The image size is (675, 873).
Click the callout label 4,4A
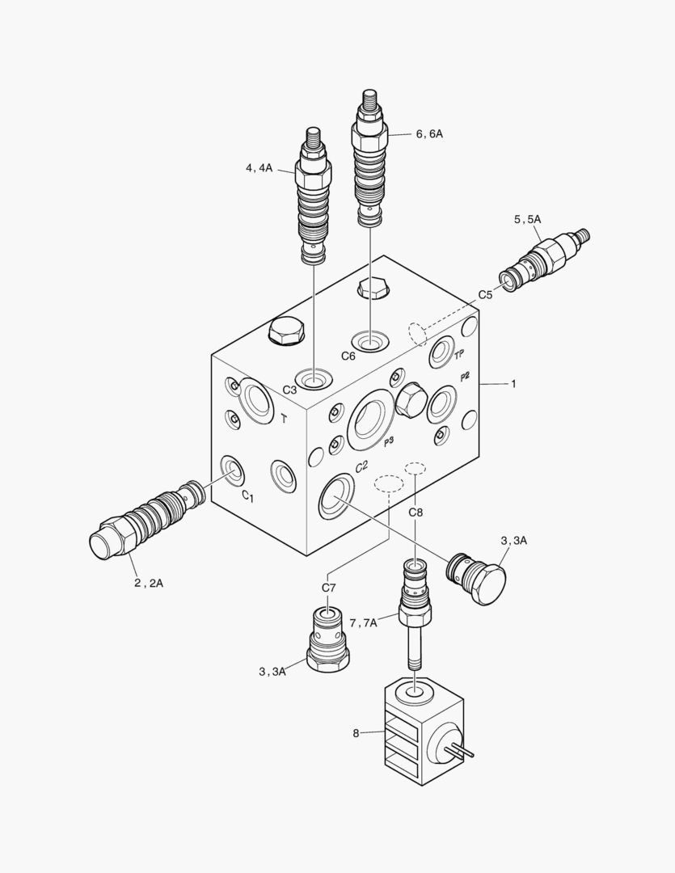coord(259,168)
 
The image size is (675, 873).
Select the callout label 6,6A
coord(429,134)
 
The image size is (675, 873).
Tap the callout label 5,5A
coord(527,219)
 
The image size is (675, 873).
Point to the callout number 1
coord(513,384)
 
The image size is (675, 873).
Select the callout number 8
coord(356,733)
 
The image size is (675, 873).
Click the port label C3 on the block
coord(289,390)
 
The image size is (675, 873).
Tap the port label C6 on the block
coord(348,356)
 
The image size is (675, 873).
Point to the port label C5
coord(485,295)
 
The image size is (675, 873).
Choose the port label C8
coord(416,512)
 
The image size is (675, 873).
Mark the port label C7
coord(328,588)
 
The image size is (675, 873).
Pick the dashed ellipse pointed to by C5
coord(417,332)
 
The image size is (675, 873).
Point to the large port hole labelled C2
coord(335,497)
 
